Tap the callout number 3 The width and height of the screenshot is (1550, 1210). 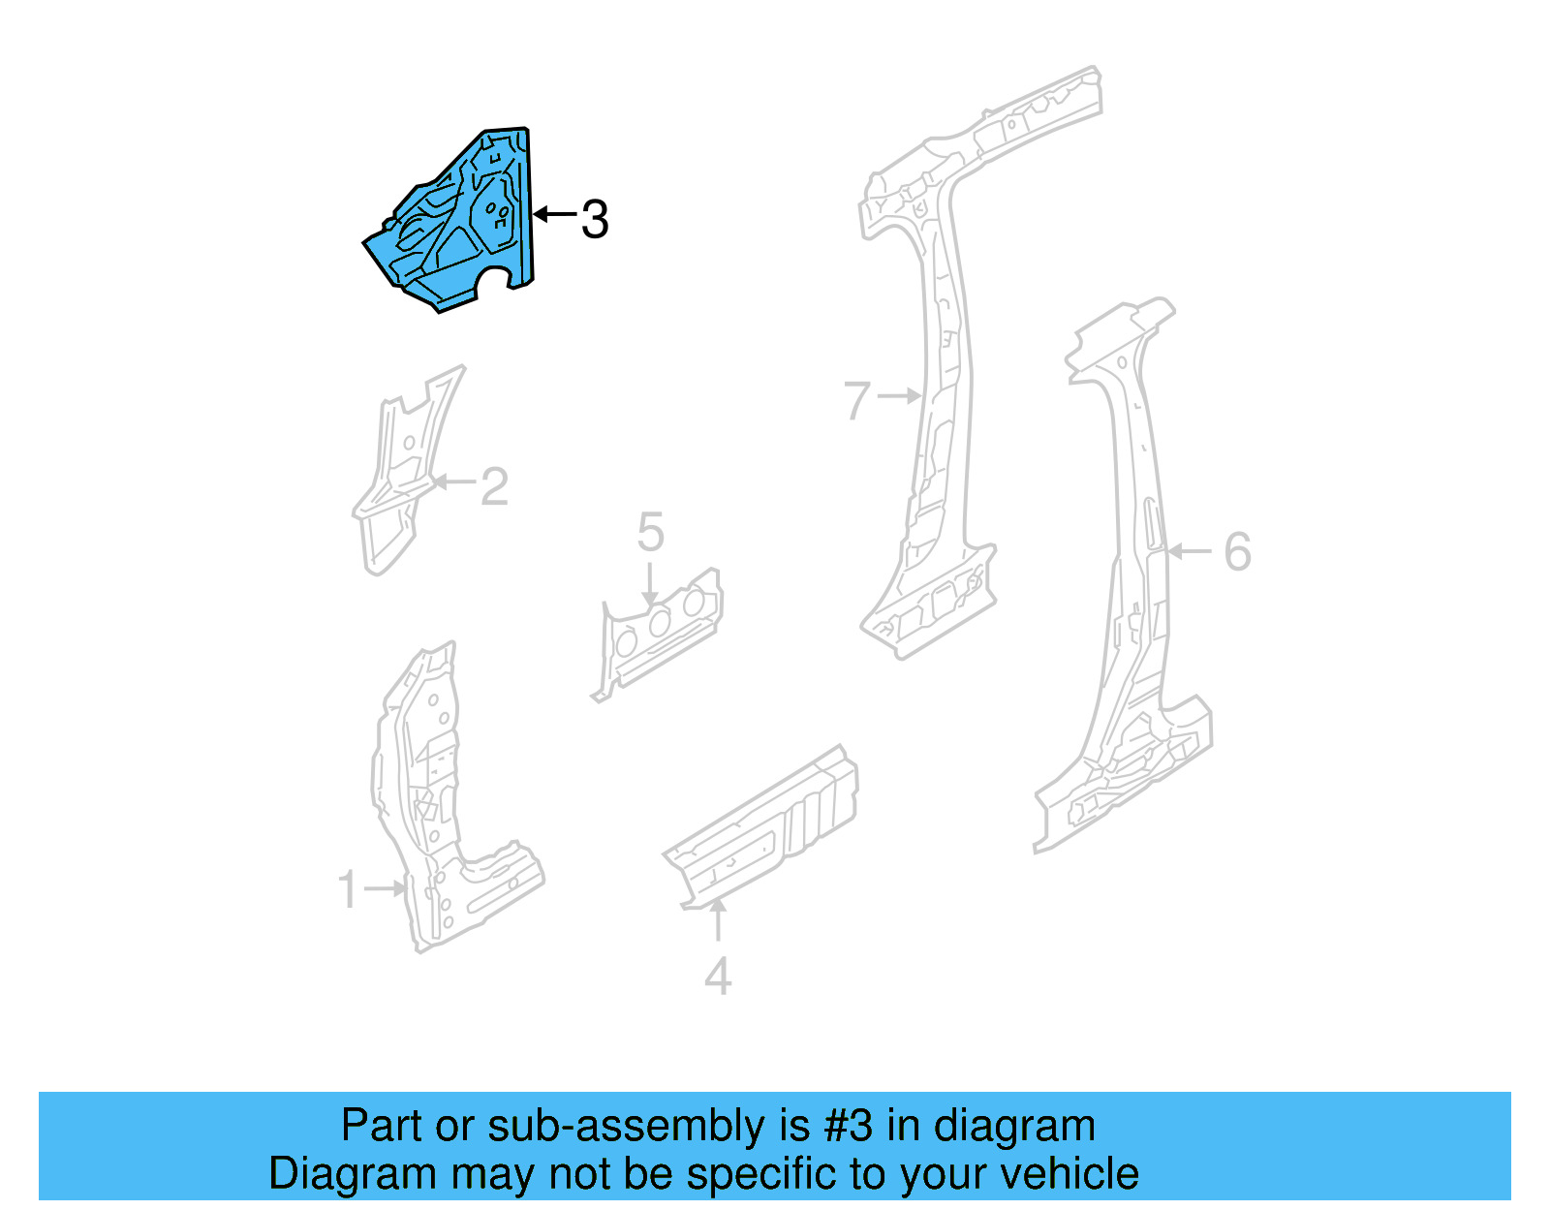pyautogui.click(x=595, y=219)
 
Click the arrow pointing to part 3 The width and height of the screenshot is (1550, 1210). pyautogui.click(x=555, y=214)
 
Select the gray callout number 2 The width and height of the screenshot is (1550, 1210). pyautogui.click(x=494, y=486)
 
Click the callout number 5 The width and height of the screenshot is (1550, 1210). pyautogui.click(x=650, y=533)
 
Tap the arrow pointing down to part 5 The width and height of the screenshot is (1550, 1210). pyautogui.click(x=650, y=586)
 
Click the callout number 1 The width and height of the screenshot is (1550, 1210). pyautogui.click(x=348, y=889)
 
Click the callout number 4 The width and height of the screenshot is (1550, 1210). pyautogui.click(x=717, y=977)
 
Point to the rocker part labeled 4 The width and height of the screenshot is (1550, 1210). pyautogui.click(x=765, y=828)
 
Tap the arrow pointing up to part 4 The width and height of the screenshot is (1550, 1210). pyautogui.click(x=718, y=920)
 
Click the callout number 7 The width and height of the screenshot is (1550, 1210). pyautogui.click(x=857, y=400)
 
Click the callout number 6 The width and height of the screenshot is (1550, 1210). pyautogui.click(x=1237, y=552)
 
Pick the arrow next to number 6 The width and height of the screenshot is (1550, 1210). pyautogui.click(x=1190, y=551)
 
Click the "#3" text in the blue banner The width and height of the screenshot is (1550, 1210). pyautogui.click(x=849, y=1126)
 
